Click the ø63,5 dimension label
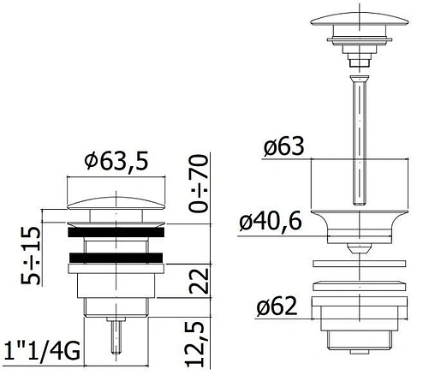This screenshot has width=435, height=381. coord(116,162)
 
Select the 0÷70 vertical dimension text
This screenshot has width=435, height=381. coord(199,183)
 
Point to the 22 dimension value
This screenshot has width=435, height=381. coord(199,281)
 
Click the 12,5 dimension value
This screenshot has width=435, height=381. coord(195,344)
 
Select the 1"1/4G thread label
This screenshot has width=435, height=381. coord(42,352)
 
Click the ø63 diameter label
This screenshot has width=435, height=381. coord(283,146)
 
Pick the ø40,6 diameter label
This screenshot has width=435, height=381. coord(271,221)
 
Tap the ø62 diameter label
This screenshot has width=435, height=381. coord(277,307)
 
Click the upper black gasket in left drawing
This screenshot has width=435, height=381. coord(116,232)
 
